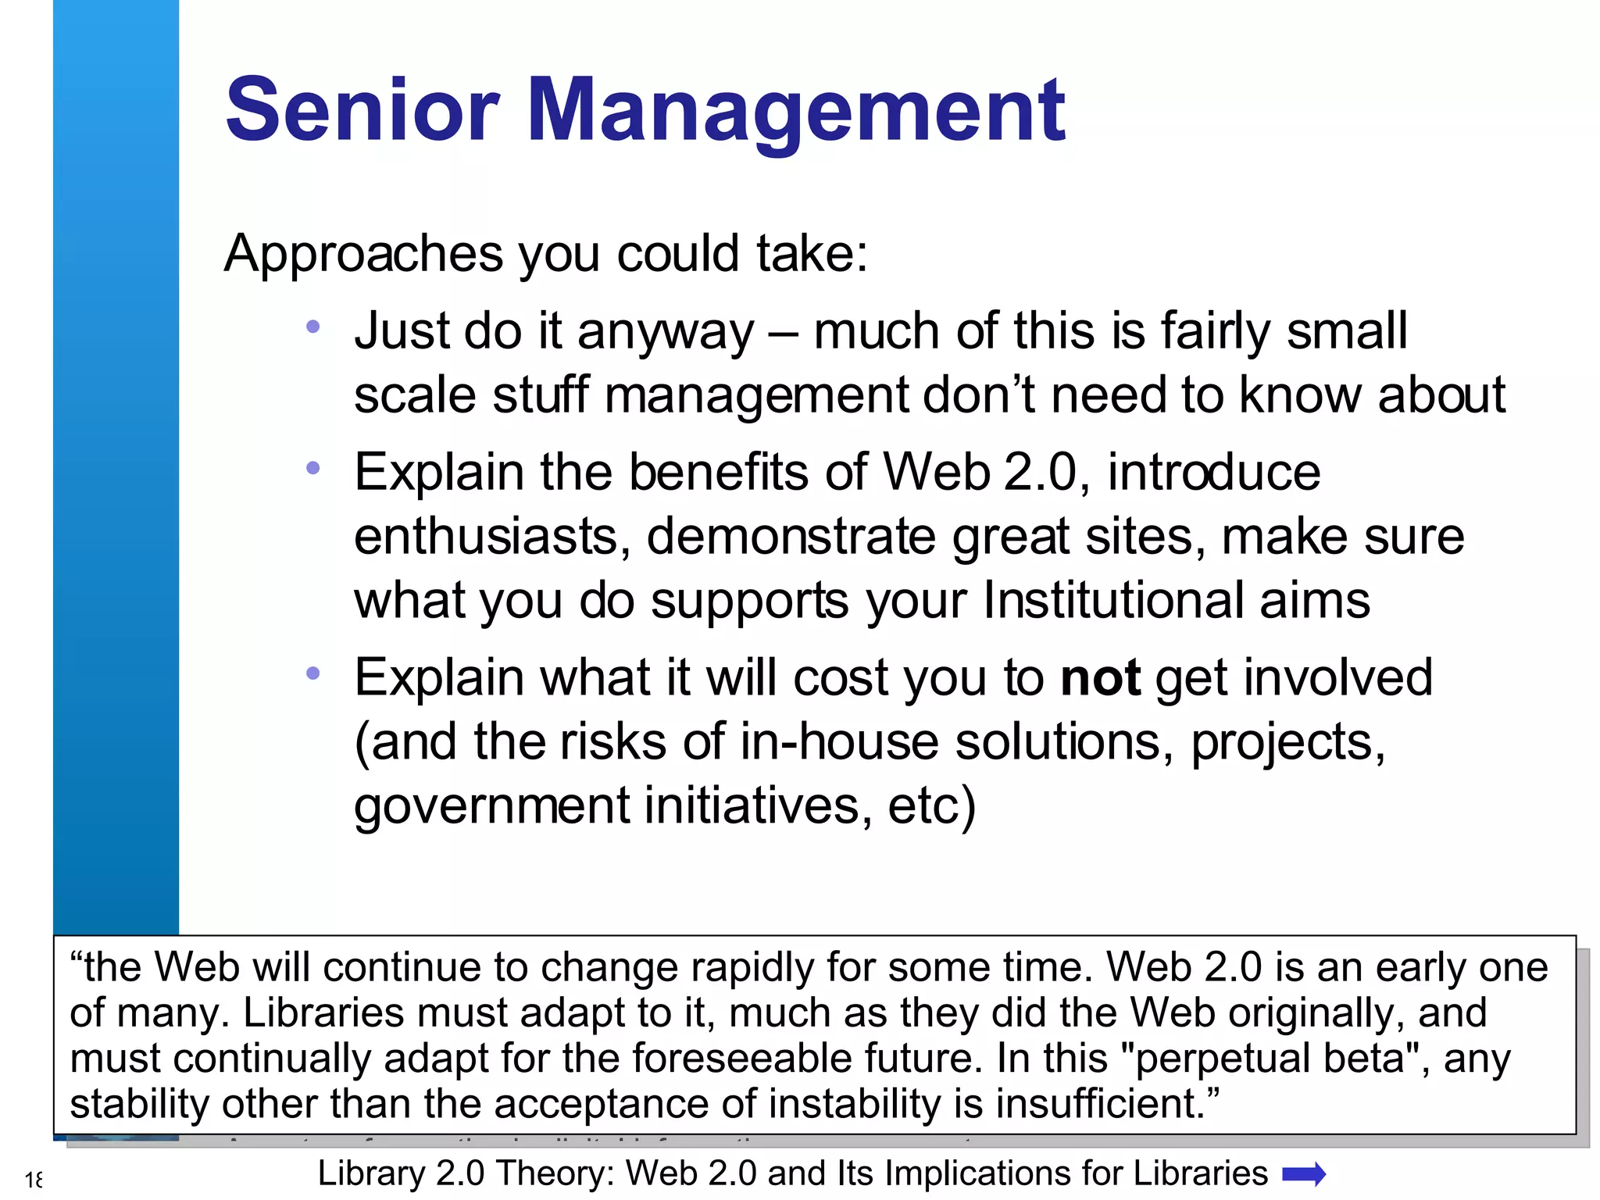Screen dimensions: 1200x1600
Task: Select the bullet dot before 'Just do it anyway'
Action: (x=313, y=327)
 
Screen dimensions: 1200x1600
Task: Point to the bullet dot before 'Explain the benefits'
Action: (x=313, y=469)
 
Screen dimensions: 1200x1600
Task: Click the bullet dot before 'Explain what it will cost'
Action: (x=313, y=673)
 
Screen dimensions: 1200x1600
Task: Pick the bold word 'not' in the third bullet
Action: (x=1100, y=677)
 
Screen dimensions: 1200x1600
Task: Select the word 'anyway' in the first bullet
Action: (x=666, y=332)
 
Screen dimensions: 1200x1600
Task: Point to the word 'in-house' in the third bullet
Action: (x=838, y=741)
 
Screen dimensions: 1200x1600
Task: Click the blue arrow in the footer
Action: (x=1304, y=1174)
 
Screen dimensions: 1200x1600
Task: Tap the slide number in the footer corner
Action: (x=34, y=1180)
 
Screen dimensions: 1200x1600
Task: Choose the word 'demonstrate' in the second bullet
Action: (x=791, y=537)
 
